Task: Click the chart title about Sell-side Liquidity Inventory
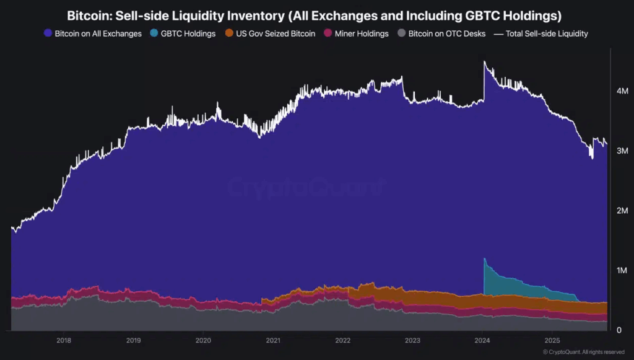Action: click(x=316, y=14)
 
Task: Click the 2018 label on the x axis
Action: click(x=64, y=340)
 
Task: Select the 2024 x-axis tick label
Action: click(x=482, y=340)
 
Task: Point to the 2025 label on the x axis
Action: click(x=552, y=340)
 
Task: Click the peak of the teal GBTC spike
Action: click(x=484, y=258)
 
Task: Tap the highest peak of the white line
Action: click(x=484, y=61)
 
